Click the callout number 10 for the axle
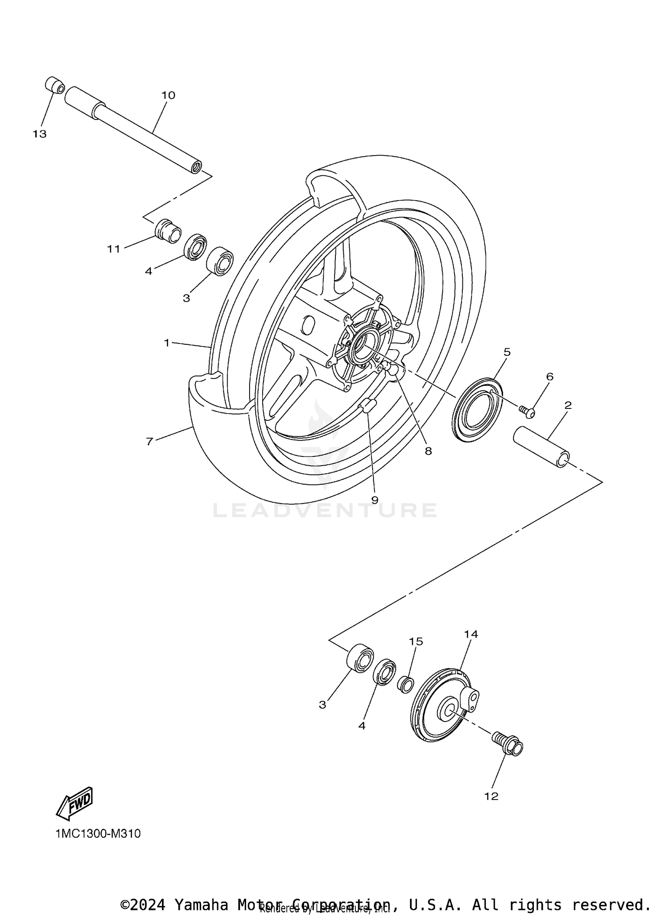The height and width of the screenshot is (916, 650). point(168,95)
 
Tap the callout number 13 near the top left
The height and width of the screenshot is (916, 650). point(39,134)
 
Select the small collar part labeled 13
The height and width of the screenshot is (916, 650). point(55,85)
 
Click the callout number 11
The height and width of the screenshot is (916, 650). point(114,249)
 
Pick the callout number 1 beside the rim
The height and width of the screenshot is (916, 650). point(167,343)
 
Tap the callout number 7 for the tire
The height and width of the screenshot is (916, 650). point(149,442)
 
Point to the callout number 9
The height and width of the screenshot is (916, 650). point(375,500)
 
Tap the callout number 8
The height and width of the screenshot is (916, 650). point(428,451)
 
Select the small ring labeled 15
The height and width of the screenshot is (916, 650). point(406,685)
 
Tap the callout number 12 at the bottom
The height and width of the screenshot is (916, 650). point(492,796)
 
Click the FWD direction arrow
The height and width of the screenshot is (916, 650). point(75,803)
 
